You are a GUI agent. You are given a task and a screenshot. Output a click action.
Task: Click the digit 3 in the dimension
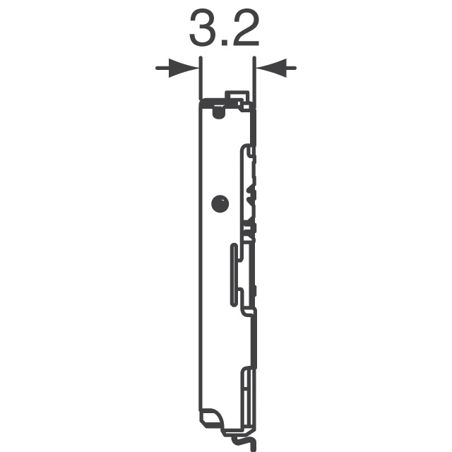click(203, 28)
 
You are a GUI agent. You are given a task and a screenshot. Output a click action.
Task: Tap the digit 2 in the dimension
click(246, 28)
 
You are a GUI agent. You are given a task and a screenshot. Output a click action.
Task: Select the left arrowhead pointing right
click(184, 68)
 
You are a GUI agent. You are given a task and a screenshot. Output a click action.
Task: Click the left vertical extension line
click(201, 78)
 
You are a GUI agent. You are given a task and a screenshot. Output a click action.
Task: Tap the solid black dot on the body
click(220, 204)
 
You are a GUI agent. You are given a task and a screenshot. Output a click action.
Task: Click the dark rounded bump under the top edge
click(219, 113)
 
